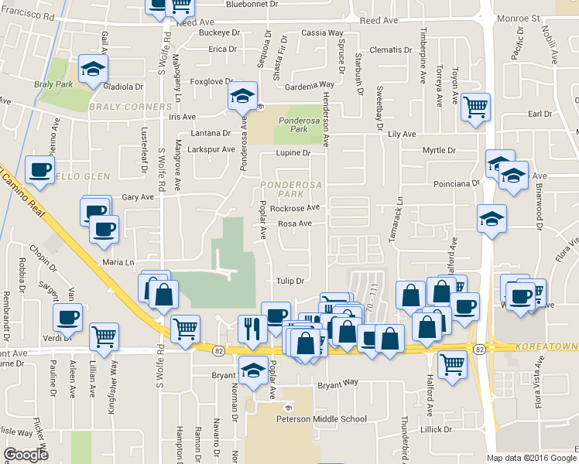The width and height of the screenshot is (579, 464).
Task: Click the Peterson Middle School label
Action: click(x=321, y=419)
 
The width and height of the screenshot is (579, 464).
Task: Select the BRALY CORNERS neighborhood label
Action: click(x=129, y=106)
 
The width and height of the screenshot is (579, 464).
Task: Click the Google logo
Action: click(x=26, y=455)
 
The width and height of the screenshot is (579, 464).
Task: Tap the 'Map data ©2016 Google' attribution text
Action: click(x=532, y=458)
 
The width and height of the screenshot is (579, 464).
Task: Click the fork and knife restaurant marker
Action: click(x=252, y=326)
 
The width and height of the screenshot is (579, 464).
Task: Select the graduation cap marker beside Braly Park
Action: click(x=93, y=68)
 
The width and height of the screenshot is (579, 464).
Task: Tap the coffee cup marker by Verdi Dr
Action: click(x=68, y=316)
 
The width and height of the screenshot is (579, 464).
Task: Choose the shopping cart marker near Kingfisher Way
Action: click(x=104, y=336)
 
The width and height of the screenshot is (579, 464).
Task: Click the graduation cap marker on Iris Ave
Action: click(x=242, y=96)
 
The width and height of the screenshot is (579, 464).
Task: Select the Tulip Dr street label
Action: click(x=290, y=281)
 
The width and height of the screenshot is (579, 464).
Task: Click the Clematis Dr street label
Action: click(x=391, y=49)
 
